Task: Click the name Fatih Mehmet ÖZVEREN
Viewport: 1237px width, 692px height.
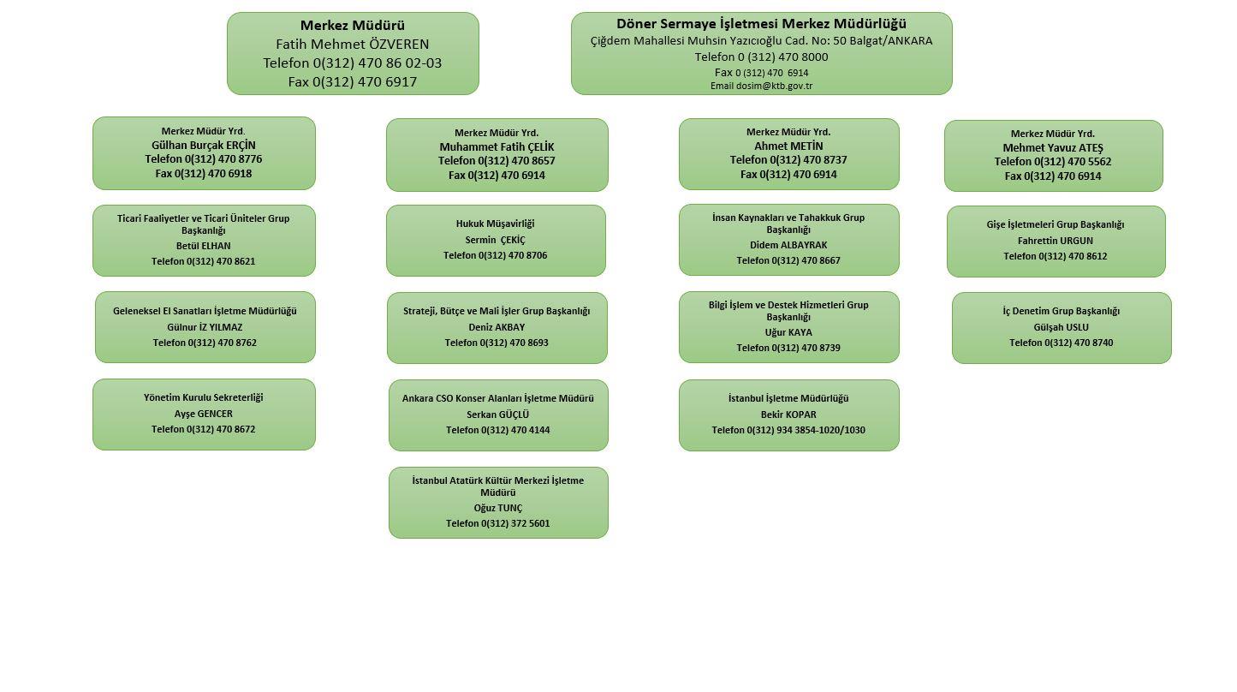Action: (353, 45)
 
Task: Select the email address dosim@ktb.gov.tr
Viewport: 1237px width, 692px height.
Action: (774, 86)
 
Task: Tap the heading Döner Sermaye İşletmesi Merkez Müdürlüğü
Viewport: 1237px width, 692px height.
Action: (762, 24)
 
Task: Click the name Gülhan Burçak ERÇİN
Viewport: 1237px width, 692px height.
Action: (204, 146)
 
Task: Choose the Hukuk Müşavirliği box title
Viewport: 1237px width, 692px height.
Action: (496, 224)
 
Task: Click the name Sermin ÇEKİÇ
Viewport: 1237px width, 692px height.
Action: (496, 240)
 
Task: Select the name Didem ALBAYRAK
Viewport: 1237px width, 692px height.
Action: (788, 245)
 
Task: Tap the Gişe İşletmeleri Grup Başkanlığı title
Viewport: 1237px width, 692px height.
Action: (1056, 224)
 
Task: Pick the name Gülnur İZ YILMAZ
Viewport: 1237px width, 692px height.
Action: (205, 327)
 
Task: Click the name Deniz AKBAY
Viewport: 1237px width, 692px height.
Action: (497, 327)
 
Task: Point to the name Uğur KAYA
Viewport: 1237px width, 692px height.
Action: (788, 332)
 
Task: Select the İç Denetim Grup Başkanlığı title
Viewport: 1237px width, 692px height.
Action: (1062, 311)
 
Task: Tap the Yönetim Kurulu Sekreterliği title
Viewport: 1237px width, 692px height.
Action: (204, 397)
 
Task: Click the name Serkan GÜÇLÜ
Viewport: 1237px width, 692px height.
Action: (498, 415)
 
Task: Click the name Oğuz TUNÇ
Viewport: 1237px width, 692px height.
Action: (498, 508)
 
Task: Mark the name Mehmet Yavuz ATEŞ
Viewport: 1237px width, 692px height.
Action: (1053, 148)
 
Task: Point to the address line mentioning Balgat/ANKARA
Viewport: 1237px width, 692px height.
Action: (762, 41)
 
